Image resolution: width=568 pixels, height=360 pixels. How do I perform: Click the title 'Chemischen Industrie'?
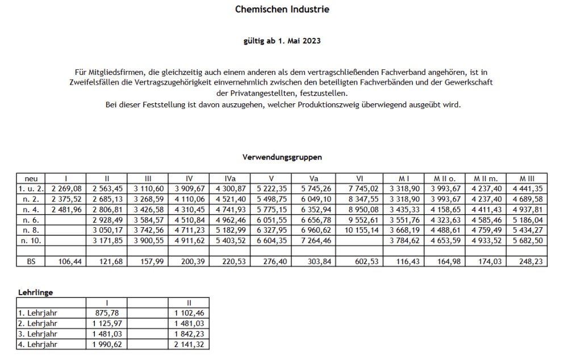click(x=282, y=10)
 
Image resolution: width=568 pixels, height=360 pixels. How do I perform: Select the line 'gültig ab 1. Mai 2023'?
click(x=282, y=41)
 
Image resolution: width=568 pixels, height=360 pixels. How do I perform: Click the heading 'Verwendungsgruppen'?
click(x=282, y=157)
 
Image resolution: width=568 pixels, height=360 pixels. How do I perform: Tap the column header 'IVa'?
click(x=230, y=178)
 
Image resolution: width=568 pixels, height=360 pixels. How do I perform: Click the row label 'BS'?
click(x=31, y=261)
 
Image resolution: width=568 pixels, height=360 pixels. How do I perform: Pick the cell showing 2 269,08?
click(x=66, y=189)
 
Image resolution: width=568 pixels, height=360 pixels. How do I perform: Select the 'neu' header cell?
click(x=31, y=178)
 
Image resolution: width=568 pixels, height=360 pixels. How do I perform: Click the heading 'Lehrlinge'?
click(x=35, y=292)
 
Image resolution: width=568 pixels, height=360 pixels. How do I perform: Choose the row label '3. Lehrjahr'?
click(x=37, y=333)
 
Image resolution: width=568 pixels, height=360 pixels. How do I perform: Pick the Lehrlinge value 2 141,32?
click(x=189, y=344)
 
